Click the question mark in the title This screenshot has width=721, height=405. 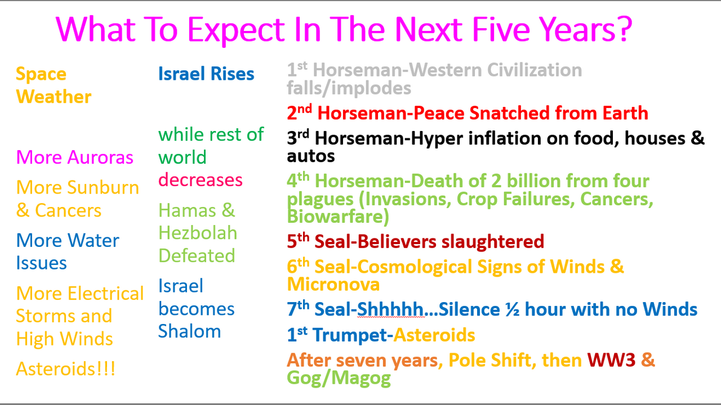(624, 29)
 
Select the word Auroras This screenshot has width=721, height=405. (100, 157)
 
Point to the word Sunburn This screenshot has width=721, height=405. (103, 187)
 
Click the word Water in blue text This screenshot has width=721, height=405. (94, 240)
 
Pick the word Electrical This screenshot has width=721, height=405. (105, 293)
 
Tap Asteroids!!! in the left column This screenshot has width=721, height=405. (66, 368)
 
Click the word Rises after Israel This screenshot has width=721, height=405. (233, 74)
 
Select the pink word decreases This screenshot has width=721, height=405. (200, 179)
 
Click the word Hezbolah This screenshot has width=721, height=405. (198, 232)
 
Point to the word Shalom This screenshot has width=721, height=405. (190, 331)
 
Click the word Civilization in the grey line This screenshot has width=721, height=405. (535, 70)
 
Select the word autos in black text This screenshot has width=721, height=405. (310, 156)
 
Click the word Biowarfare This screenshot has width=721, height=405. (337, 217)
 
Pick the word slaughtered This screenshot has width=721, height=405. (492, 241)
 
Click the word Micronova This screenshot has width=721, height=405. (333, 285)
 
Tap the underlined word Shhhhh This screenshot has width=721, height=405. (390, 309)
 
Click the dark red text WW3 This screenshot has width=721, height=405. (611, 360)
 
